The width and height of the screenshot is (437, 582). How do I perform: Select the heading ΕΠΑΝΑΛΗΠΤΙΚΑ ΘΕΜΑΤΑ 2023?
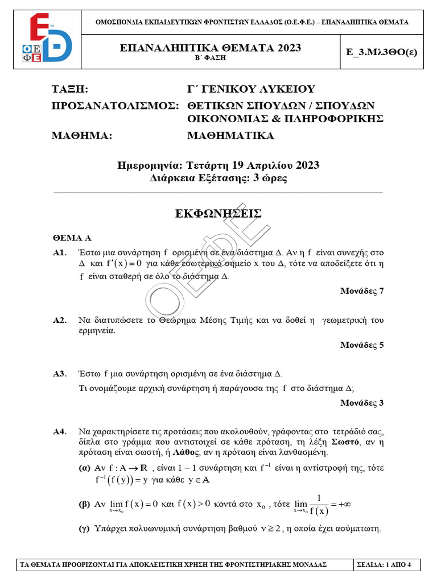point(218,48)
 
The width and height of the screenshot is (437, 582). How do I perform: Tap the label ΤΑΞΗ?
point(70,89)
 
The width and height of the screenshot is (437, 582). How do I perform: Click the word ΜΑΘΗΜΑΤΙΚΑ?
point(230,135)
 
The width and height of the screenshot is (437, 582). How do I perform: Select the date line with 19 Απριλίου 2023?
point(218,165)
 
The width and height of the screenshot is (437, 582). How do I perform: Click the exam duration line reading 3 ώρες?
point(218,178)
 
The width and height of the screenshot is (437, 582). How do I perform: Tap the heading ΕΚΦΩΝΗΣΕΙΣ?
point(218,214)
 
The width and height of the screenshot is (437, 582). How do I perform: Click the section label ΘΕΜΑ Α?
point(72,238)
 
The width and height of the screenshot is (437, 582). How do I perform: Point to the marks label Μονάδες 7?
point(362,291)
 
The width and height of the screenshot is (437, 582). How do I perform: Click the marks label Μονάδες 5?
point(362,345)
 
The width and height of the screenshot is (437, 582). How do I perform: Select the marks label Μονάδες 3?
point(362,403)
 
